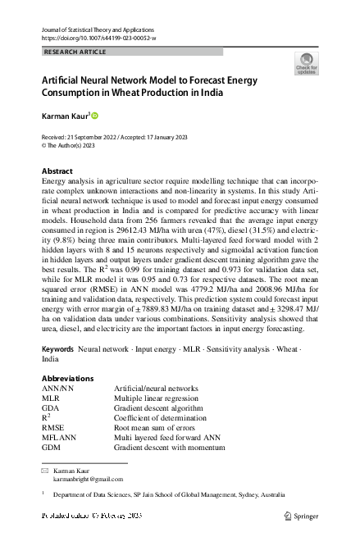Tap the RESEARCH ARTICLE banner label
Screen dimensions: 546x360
click(74, 52)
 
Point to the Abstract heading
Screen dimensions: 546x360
click(57, 171)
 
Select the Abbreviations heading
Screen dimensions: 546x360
click(67, 379)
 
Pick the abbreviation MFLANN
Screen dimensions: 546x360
click(59, 439)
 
